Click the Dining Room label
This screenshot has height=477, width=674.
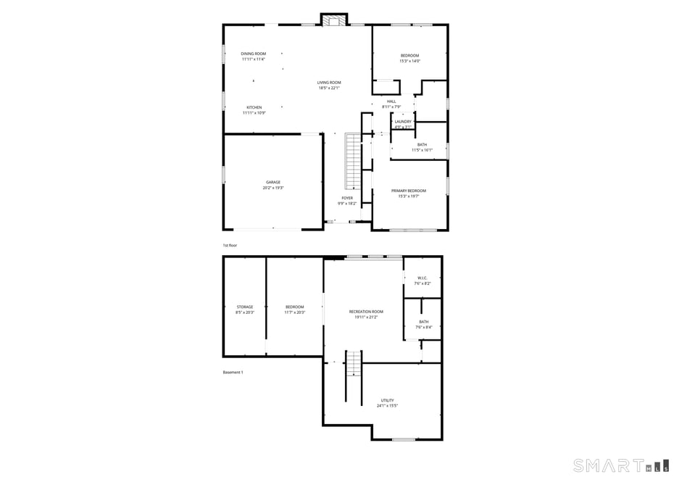(x=253, y=54)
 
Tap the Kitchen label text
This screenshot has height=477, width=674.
(x=254, y=107)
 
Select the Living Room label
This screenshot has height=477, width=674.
(x=328, y=83)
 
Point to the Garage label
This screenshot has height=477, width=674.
(x=272, y=182)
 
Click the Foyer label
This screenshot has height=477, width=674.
(x=347, y=198)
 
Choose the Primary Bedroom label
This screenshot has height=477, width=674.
(x=409, y=191)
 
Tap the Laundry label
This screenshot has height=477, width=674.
(x=402, y=122)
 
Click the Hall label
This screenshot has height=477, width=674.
(x=391, y=101)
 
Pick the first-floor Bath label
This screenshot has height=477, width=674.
(x=422, y=145)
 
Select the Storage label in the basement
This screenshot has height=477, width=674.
(x=244, y=307)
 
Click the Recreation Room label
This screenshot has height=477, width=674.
(x=365, y=312)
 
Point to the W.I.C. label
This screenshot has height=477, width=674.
(x=422, y=278)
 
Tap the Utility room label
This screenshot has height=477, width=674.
(x=387, y=400)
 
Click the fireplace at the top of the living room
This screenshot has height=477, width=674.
(x=334, y=21)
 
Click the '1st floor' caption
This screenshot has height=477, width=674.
(x=230, y=246)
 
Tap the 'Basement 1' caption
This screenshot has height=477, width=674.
(x=233, y=373)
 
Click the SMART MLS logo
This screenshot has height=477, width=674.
(x=616, y=465)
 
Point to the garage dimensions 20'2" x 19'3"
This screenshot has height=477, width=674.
(x=272, y=188)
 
